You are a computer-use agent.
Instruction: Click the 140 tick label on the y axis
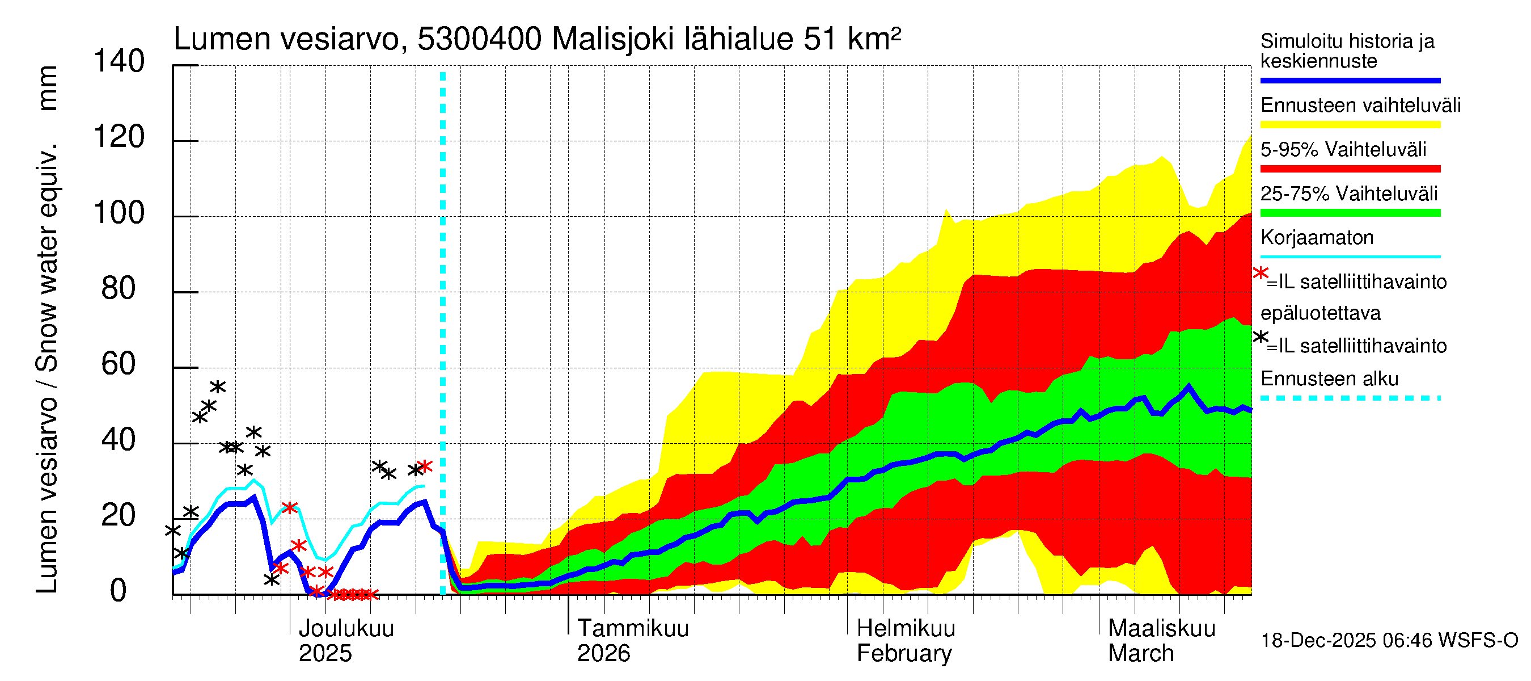click(119, 62)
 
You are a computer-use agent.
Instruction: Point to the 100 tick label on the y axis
click(119, 213)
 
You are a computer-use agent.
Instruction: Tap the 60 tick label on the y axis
click(119, 364)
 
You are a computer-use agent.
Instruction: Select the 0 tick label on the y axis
click(119, 591)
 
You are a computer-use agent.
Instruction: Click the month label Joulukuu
click(346, 629)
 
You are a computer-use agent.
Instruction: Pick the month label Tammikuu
click(633, 629)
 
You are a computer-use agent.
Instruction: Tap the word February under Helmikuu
click(904, 654)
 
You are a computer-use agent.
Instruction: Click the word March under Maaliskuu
click(1140, 654)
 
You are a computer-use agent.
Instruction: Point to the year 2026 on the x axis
click(603, 654)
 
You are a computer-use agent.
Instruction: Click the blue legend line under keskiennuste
click(1350, 80)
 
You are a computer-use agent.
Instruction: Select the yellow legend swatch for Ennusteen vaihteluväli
click(1350, 125)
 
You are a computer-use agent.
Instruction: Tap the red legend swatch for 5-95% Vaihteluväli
click(1350, 169)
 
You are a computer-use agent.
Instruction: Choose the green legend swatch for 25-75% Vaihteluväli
click(1350, 213)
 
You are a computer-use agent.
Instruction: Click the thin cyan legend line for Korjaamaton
click(1350, 257)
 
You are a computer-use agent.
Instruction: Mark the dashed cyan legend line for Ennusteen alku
click(1350, 398)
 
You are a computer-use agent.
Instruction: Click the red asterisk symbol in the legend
click(1260, 274)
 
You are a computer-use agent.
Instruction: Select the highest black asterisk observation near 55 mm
click(218, 387)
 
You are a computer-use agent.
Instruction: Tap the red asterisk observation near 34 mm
click(424, 466)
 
